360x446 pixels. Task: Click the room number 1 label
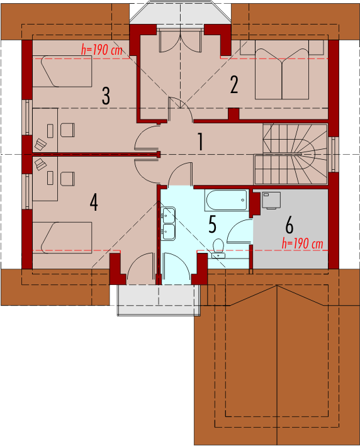201,142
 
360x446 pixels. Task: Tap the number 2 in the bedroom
234,84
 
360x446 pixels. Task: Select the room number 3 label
106,96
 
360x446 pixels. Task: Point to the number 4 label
94,202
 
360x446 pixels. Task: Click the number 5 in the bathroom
212,224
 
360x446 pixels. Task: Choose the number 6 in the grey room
289,225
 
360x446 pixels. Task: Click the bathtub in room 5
226,200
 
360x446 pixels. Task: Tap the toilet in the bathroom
218,248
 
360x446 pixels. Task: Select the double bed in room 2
282,74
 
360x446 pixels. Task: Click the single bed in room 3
62,71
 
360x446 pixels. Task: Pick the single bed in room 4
62,238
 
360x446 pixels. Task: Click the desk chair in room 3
67,130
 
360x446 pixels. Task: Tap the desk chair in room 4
67,179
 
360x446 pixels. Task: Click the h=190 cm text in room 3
102,50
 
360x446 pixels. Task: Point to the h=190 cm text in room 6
303,244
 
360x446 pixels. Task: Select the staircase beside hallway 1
291,154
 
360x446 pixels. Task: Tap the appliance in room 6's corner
271,201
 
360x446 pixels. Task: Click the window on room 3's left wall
27,117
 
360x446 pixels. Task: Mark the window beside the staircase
333,155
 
